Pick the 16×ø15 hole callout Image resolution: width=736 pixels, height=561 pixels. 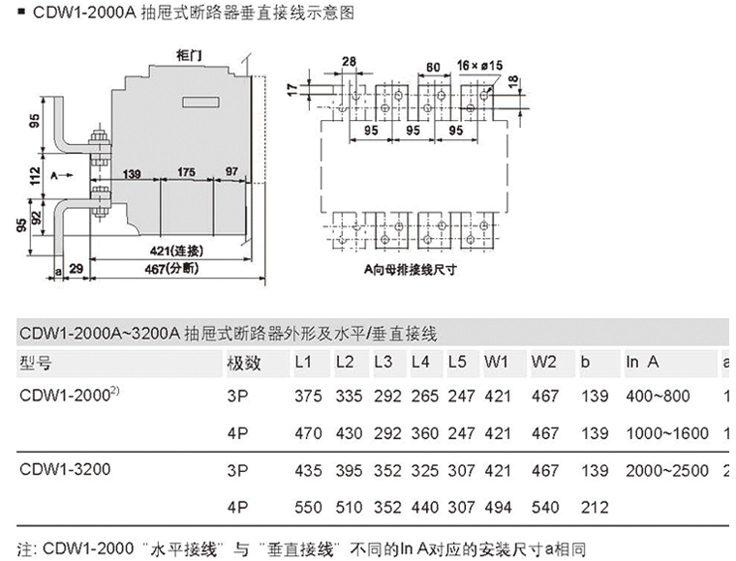(479, 65)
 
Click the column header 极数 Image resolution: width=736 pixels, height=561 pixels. (243, 363)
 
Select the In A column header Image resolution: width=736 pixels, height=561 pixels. (642, 363)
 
